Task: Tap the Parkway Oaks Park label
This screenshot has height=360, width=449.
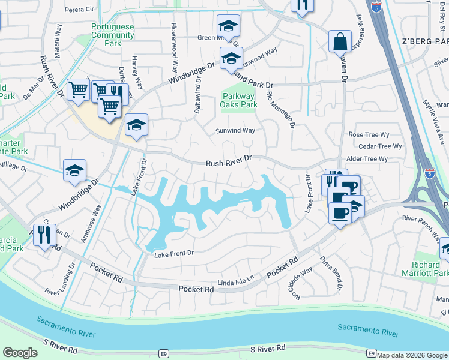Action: [x=240, y=100]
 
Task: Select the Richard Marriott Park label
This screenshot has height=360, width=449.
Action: [x=430, y=269]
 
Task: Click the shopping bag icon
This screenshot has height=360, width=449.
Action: [x=340, y=43]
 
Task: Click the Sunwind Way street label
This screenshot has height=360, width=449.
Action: [x=235, y=130]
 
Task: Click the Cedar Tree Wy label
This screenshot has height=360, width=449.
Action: [x=379, y=146]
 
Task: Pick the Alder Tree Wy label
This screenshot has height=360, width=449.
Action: [x=367, y=158]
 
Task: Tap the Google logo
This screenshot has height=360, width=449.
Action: [x=20, y=353]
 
